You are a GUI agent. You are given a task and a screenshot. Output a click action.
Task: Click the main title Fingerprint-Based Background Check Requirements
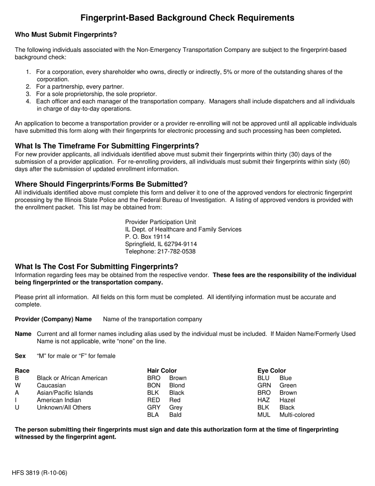(x=187, y=18)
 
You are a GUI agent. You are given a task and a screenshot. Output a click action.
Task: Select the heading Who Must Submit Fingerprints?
(x=66, y=35)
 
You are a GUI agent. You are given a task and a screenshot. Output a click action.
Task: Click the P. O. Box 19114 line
(x=148, y=237)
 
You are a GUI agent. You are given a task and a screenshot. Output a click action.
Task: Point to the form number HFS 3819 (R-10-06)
(x=39, y=473)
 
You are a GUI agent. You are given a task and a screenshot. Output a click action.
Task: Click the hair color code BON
(x=154, y=385)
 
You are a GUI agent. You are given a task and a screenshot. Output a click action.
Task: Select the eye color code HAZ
(x=264, y=400)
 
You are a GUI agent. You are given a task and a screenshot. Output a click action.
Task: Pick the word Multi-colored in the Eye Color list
(x=297, y=415)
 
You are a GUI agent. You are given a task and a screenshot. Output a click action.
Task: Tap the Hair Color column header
(x=162, y=371)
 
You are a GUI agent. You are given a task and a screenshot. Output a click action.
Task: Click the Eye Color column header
(x=272, y=371)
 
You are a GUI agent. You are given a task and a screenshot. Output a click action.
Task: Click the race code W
(x=18, y=385)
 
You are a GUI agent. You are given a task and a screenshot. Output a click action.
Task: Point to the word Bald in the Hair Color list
(x=175, y=415)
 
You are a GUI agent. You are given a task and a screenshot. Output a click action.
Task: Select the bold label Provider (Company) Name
(x=53, y=319)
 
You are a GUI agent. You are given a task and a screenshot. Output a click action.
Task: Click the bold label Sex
(x=21, y=356)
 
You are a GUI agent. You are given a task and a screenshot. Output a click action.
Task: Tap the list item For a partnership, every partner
(x=80, y=87)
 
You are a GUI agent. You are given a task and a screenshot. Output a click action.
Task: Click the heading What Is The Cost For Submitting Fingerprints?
(x=97, y=267)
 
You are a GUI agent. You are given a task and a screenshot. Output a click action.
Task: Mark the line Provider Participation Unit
(x=160, y=222)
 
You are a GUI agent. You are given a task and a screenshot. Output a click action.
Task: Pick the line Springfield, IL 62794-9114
(x=161, y=244)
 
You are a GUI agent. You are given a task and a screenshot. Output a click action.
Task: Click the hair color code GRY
(x=154, y=407)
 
